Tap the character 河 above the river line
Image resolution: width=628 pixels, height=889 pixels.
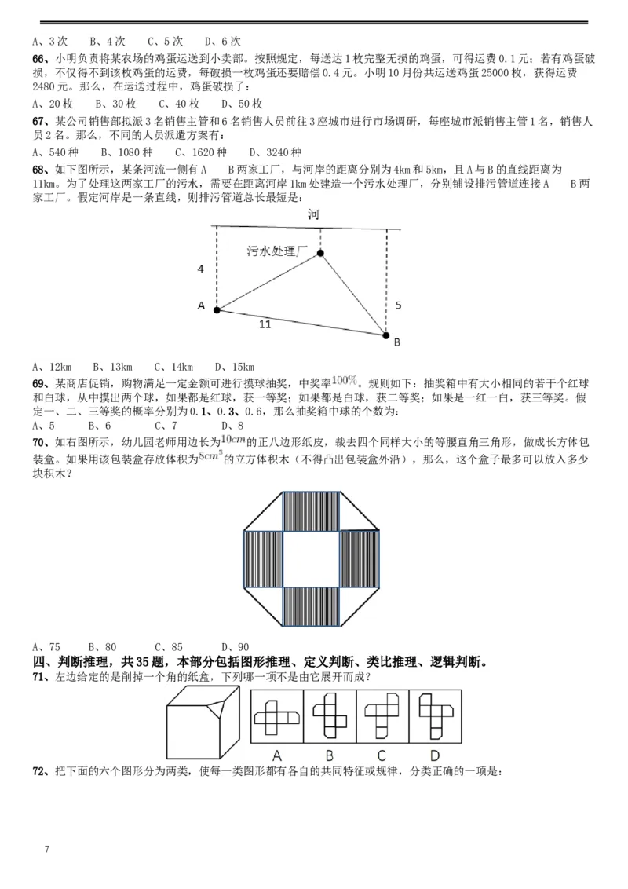314,215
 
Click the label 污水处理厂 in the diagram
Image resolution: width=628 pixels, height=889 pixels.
275,251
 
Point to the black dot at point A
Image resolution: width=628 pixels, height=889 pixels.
217,309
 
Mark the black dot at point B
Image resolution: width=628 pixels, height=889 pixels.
385,335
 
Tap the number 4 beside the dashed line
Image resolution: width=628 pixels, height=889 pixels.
201,269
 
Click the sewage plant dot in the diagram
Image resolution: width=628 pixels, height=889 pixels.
320,253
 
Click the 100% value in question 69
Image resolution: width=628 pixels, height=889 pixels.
345,380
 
